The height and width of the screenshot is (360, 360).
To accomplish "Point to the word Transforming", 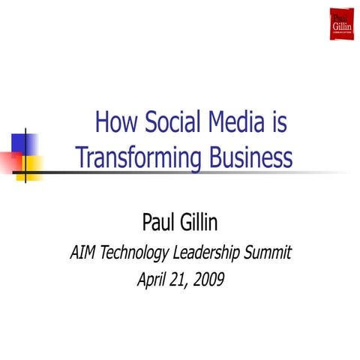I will [136, 158].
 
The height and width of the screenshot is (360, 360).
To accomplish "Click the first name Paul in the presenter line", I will [159, 222].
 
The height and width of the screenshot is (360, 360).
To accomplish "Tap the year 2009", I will [206, 280].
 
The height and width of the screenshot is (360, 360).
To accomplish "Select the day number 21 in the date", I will [180, 280].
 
